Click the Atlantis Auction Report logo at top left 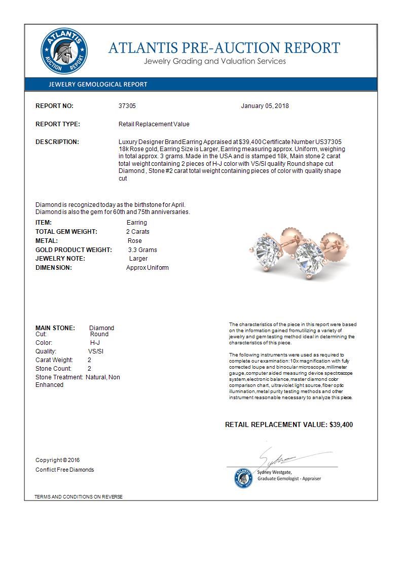point(64,52)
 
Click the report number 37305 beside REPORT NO point(127,106)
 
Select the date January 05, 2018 point(265,106)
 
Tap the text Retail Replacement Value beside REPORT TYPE point(154,124)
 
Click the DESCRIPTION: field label point(57,142)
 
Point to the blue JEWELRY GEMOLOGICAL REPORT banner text point(97,85)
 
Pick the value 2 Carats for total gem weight point(138,232)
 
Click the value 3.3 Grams point(142,250)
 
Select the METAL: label point(47,241)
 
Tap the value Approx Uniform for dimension point(147,268)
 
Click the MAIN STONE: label point(55,328)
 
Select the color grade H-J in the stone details point(91,343)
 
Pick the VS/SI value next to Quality point(96,351)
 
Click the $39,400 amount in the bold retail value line point(341,424)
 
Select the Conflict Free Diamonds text point(64,470)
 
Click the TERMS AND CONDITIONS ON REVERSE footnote point(79,496)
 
